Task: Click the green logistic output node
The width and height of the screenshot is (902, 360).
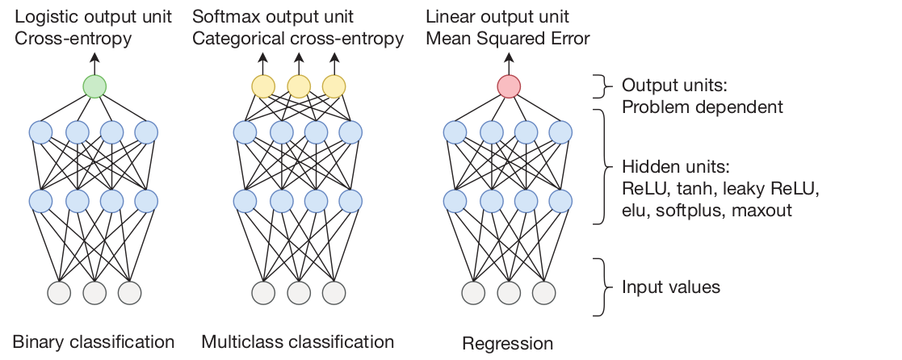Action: [94, 86]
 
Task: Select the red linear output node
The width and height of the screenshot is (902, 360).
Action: [509, 86]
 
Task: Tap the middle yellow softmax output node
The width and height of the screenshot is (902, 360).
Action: [298, 86]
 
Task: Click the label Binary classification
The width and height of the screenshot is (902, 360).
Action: [94, 341]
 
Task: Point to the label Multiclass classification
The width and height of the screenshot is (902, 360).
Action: [297, 341]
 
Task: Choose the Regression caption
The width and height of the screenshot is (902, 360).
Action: [507, 344]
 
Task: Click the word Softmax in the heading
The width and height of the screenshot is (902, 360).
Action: [222, 17]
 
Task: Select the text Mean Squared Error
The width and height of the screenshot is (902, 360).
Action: [509, 37]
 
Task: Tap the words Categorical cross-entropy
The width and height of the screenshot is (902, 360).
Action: [298, 38]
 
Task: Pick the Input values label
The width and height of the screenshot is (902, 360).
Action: [670, 287]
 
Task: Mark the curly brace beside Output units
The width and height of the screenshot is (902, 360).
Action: [602, 86]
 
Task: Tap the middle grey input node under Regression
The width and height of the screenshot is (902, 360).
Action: [509, 292]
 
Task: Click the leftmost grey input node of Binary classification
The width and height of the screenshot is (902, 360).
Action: [59, 292]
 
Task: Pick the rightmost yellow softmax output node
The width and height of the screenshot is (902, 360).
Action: [334, 86]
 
